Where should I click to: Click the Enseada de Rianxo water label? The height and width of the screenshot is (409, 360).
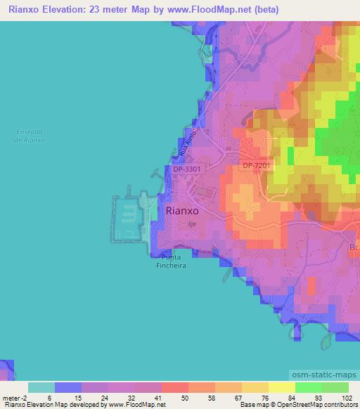30,136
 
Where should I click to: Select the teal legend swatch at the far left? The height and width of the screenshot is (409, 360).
41,387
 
